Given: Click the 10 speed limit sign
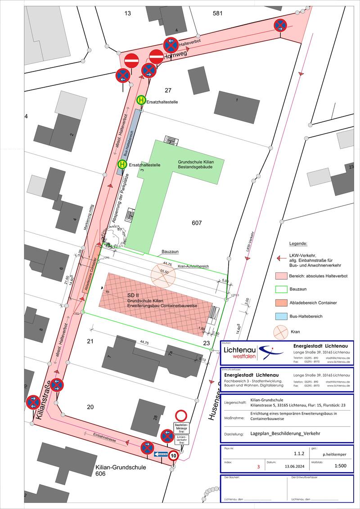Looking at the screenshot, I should tap(174, 455).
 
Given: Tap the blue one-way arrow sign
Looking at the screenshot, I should tap(161, 454).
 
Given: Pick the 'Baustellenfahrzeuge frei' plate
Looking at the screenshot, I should tap(181, 428).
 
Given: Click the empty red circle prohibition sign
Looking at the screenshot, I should tap(181, 415).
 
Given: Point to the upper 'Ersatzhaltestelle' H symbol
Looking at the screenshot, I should tap(141, 100).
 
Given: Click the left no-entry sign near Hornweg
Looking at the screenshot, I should tap(131, 60).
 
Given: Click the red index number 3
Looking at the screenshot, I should tap(258, 467).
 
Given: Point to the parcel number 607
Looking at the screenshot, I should tap(197, 223).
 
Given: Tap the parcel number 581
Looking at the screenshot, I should tap(218, 13).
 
